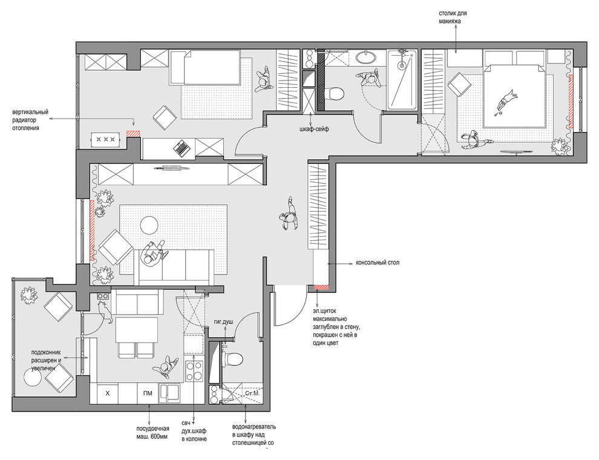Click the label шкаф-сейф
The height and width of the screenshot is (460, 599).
(x=314, y=129)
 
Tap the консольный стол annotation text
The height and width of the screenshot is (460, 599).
(x=378, y=263)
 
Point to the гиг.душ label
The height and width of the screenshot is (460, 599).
(x=223, y=321)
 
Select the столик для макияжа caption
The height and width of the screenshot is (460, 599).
(x=453, y=17)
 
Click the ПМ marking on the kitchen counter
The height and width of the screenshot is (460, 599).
(x=148, y=393)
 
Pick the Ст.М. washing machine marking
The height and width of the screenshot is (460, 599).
(x=252, y=393)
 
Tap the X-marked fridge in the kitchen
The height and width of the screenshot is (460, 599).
(x=107, y=393)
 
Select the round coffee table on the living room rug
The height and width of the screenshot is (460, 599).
(x=149, y=225)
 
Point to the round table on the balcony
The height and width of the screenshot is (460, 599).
(x=32, y=378)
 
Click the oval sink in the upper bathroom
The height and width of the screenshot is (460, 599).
(x=366, y=57)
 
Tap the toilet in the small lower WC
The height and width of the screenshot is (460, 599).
(x=233, y=359)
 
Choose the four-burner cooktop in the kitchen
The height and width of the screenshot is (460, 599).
(x=194, y=371)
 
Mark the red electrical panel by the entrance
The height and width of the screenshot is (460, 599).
(x=321, y=287)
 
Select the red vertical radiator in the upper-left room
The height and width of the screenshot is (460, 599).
(x=133, y=133)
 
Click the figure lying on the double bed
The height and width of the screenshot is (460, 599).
(x=506, y=101)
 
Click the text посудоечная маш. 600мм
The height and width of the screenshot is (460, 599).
(x=152, y=433)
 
